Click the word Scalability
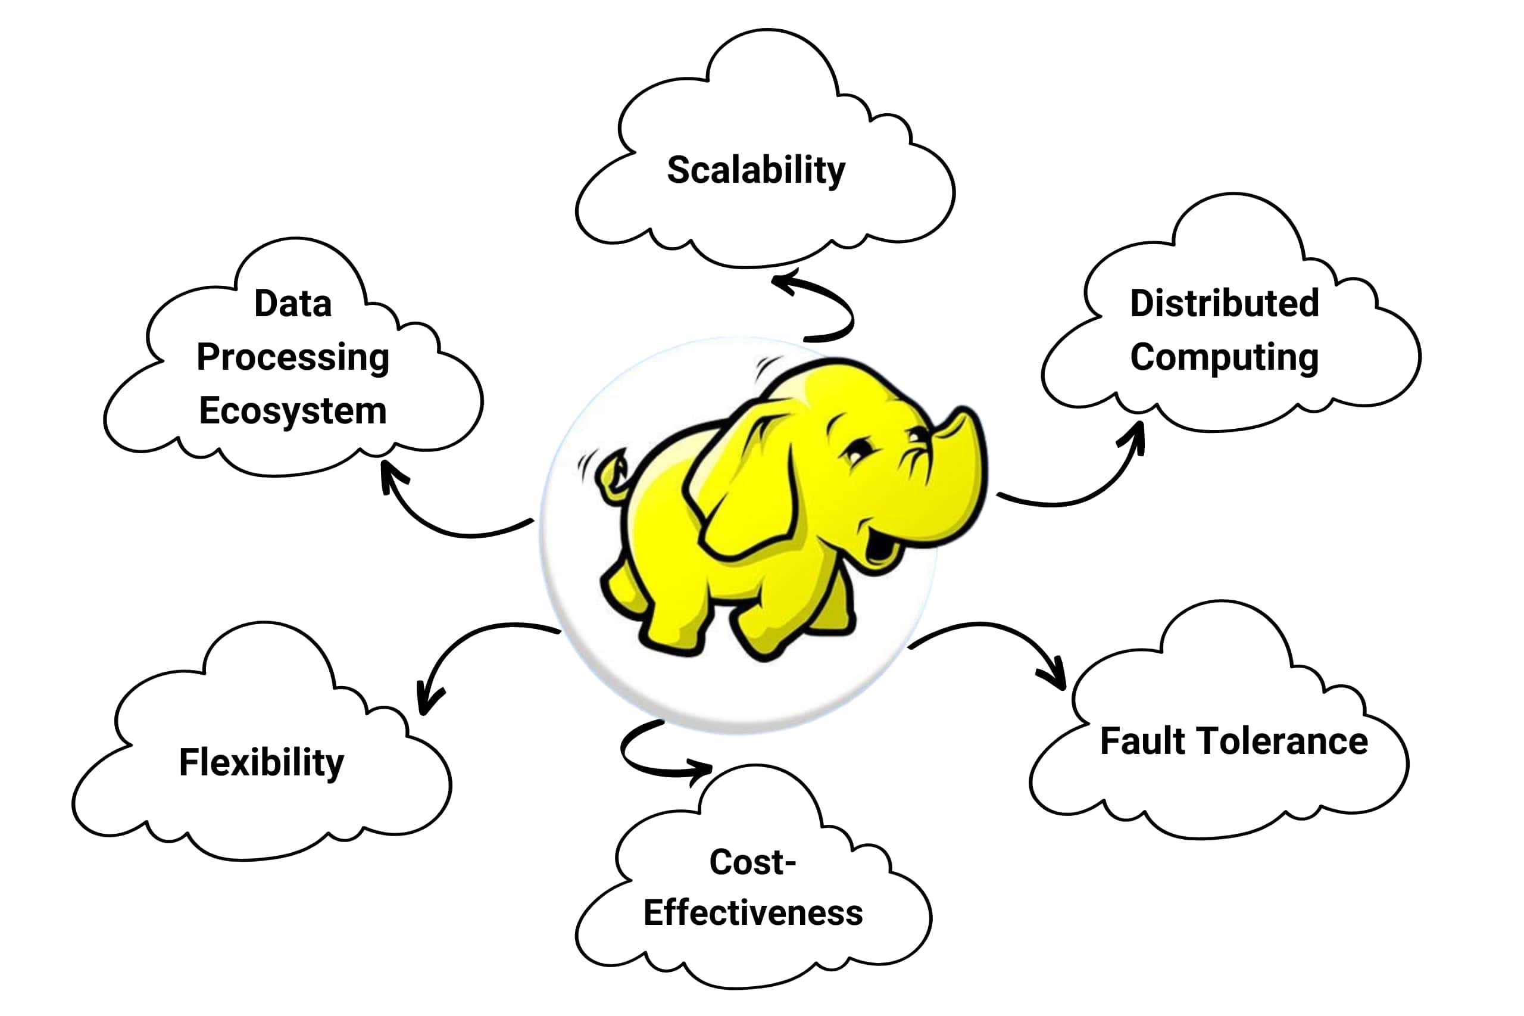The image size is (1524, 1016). coord(756,170)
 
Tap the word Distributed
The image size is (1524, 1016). coord(1224,303)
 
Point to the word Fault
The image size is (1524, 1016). coord(1142,741)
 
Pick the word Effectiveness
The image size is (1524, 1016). coord(752,912)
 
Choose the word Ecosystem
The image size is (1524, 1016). coord(293,411)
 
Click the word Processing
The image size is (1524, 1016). coord(293,357)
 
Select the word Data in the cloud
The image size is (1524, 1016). coord(293,303)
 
